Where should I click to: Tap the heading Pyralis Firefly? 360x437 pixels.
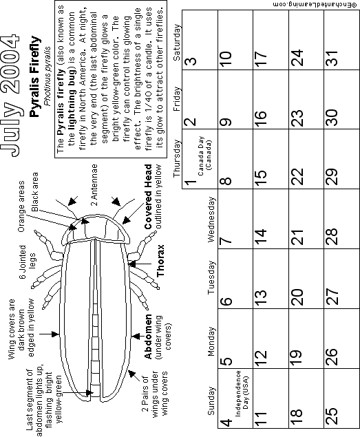pyautogui.click(x=35, y=76)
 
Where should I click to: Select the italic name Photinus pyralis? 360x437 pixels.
pyautogui.click(x=48, y=76)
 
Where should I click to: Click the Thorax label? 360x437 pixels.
pyautogui.click(x=160, y=261)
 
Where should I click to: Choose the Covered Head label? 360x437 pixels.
pyautogui.click(x=148, y=197)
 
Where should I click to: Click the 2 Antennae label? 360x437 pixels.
pyautogui.click(x=94, y=184)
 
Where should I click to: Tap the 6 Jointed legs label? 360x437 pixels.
pyautogui.click(x=28, y=262)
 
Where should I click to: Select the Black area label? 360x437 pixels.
pyautogui.click(x=35, y=192)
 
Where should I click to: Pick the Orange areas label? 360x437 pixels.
pyautogui.click(x=21, y=206)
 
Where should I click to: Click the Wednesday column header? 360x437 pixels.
pyautogui.click(x=211, y=220)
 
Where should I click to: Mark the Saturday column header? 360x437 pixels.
pyautogui.click(x=177, y=43)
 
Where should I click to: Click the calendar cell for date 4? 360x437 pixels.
pyautogui.click(x=235, y=398)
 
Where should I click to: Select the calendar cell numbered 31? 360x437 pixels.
pyautogui.click(x=341, y=40)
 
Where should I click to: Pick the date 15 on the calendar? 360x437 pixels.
pyautogui.click(x=260, y=178)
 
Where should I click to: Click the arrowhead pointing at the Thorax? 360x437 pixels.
pyautogui.click(x=132, y=264)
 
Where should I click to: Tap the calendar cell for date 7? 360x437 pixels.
pyautogui.click(x=235, y=219)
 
